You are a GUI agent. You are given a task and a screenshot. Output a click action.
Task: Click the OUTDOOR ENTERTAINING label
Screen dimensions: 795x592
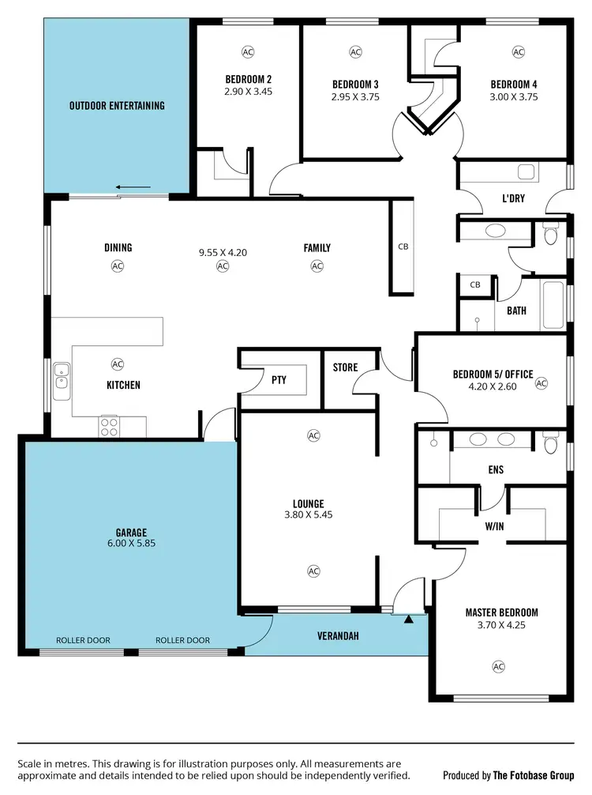coord(117,105)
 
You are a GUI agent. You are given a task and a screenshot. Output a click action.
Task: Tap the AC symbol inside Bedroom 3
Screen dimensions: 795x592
coord(354,52)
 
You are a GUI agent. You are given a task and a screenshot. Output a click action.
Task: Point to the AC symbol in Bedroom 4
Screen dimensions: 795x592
coord(518,52)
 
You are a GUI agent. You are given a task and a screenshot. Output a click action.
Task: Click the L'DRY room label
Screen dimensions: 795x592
coord(514,199)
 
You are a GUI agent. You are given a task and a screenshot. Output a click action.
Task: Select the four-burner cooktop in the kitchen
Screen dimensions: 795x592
coord(109,426)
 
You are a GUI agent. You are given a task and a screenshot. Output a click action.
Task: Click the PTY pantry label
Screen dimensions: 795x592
coord(279,380)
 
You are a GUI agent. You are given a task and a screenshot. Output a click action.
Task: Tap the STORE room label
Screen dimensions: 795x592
coord(345,367)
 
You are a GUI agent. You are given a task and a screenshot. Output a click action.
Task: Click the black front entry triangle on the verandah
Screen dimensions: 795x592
coord(408,620)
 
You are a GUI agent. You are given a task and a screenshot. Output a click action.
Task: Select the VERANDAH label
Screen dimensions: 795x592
coord(339,635)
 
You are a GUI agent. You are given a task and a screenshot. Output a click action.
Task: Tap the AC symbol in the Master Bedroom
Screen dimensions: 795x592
coord(498,666)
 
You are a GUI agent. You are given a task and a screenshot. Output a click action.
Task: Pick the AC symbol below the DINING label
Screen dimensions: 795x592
coord(118,266)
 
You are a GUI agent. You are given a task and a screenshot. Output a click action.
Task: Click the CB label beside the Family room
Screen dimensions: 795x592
coord(403,247)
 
